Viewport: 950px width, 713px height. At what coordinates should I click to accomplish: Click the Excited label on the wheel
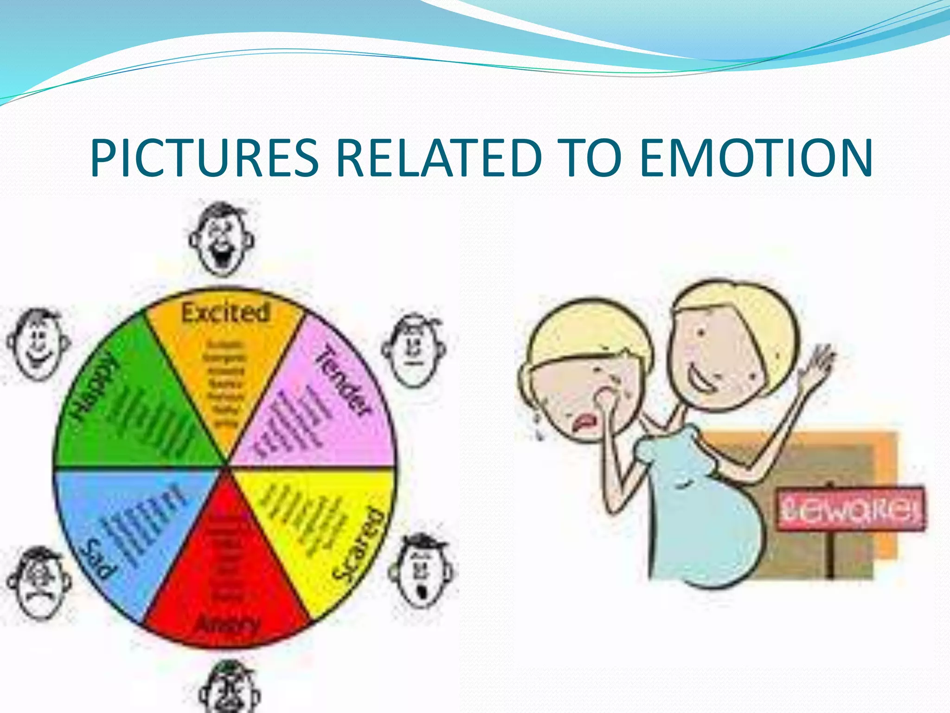[x=225, y=312]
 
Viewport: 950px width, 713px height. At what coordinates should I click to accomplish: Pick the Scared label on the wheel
[x=359, y=544]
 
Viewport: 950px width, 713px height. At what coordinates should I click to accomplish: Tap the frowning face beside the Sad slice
[x=39, y=583]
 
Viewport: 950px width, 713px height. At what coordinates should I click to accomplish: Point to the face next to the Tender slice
[x=413, y=350]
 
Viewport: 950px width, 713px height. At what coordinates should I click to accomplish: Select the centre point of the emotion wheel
[x=226, y=466]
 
